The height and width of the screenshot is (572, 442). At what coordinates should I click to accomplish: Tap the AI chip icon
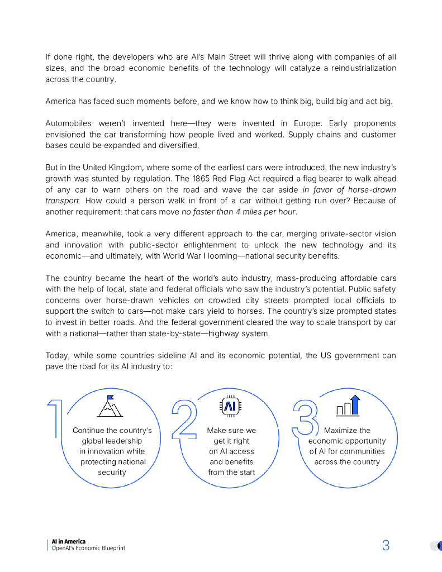click(x=230, y=406)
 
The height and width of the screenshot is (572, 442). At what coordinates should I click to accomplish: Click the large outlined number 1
click(x=54, y=418)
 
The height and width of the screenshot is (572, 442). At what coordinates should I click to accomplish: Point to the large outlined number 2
click(x=183, y=418)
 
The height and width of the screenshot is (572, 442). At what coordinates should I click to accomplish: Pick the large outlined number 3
click(x=305, y=418)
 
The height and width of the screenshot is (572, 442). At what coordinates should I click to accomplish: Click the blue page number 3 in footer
click(x=386, y=546)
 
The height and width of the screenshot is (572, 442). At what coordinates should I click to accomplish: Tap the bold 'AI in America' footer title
click(x=68, y=541)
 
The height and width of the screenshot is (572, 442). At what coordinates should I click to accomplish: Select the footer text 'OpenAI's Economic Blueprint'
click(x=88, y=548)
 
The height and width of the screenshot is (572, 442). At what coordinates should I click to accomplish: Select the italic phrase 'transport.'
click(x=63, y=201)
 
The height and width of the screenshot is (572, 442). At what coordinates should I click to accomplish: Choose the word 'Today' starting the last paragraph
click(x=55, y=356)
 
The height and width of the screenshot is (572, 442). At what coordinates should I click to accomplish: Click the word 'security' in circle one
click(x=112, y=472)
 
